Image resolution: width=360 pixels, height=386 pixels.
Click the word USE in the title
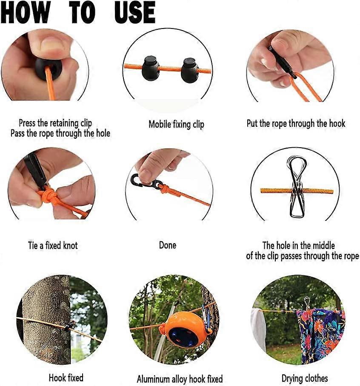click(x=134, y=12)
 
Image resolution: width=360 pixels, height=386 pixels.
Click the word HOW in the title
click(x=25, y=12)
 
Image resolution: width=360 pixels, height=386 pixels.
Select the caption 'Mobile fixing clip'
click(x=176, y=125)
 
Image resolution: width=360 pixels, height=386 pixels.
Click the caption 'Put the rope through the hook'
click(x=296, y=123)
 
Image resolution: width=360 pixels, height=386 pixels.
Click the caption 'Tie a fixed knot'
click(x=53, y=246)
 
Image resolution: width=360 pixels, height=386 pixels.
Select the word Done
click(x=168, y=245)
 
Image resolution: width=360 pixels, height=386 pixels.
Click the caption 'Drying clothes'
click(x=305, y=378)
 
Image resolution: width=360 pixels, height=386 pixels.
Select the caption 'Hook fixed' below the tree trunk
click(x=66, y=377)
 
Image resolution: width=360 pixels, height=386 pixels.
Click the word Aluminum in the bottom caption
click(x=154, y=379)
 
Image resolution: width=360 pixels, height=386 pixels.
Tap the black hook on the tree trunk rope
click(x=69, y=326)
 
